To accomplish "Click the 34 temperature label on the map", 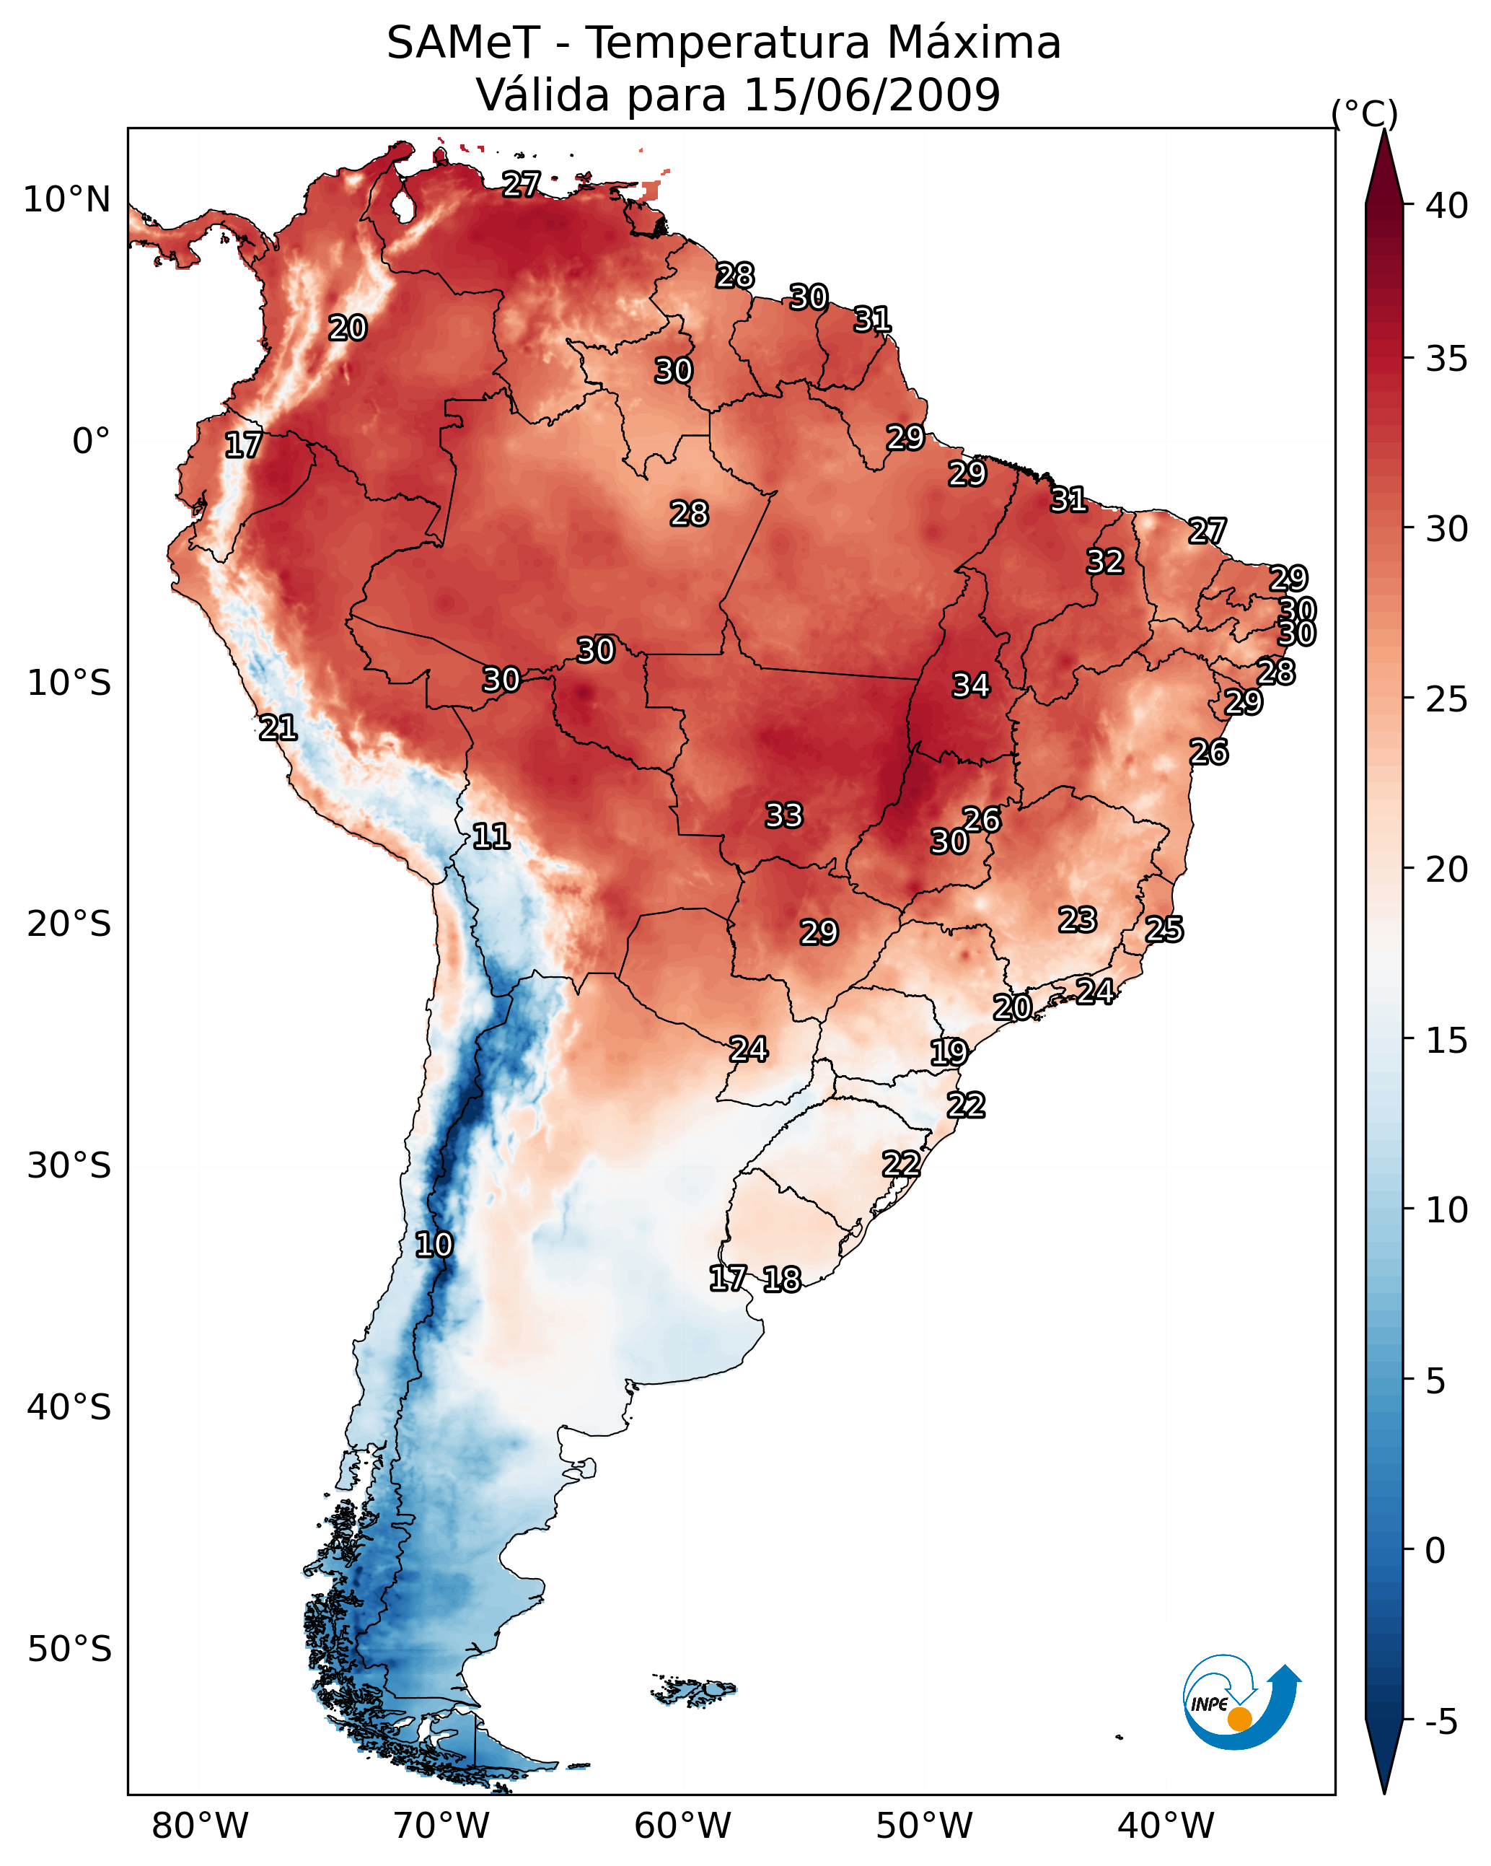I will click(970, 685).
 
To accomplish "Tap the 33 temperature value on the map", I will click(784, 815).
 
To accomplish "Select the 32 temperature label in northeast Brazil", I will click(1105, 561).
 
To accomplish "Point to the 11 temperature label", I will click(491, 836).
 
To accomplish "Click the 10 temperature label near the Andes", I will click(434, 1245).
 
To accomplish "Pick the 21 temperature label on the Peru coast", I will click(278, 728).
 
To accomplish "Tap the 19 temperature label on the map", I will click(949, 1053).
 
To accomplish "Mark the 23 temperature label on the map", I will click(1078, 919).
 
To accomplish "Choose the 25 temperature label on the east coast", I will click(1164, 929).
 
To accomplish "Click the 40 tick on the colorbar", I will click(1447, 206).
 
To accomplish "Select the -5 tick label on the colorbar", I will click(1441, 1722).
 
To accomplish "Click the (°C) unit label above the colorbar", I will click(1364, 113).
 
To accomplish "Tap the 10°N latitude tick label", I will click(66, 200).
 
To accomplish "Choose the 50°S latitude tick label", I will click(69, 1650).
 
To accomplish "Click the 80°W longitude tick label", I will click(200, 1826).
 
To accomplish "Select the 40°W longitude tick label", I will click(1166, 1826).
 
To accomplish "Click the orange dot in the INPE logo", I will click(1239, 1719).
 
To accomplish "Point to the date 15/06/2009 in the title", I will click(871, 95).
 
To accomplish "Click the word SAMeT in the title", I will click(463, 43).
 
